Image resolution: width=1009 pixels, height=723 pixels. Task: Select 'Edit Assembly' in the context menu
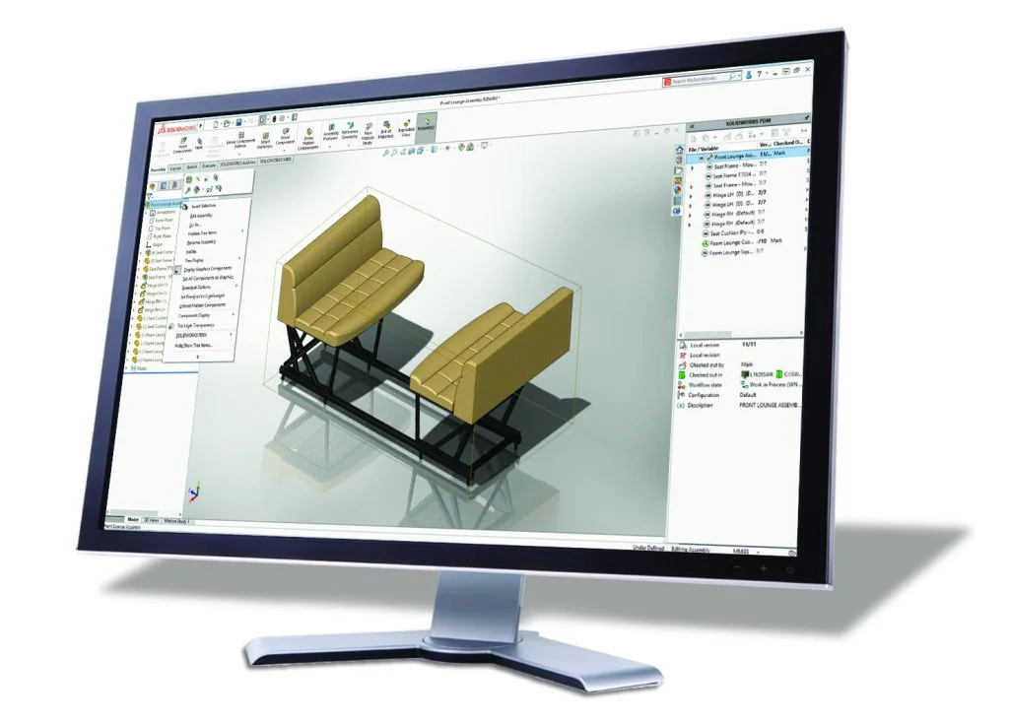coord(201,215)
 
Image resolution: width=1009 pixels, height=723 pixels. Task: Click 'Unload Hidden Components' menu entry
coord(207,304)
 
